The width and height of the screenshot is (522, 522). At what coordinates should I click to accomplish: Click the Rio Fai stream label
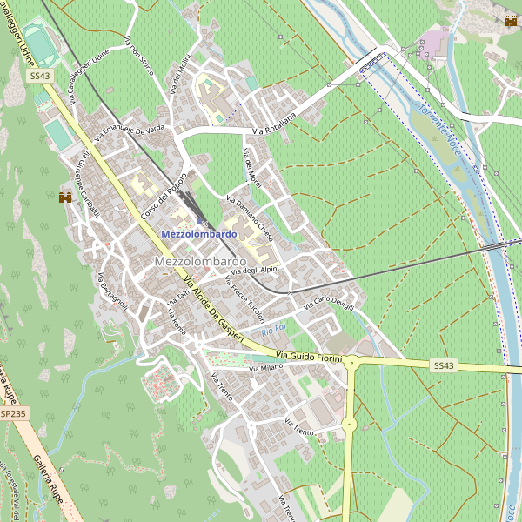pyautogui.click(x=273, y=331)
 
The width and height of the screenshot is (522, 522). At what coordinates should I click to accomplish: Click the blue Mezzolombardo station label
pyautogui.click(x=199, y=234)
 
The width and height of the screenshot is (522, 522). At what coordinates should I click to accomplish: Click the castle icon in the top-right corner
pyautogui.click(x=510, y=21)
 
